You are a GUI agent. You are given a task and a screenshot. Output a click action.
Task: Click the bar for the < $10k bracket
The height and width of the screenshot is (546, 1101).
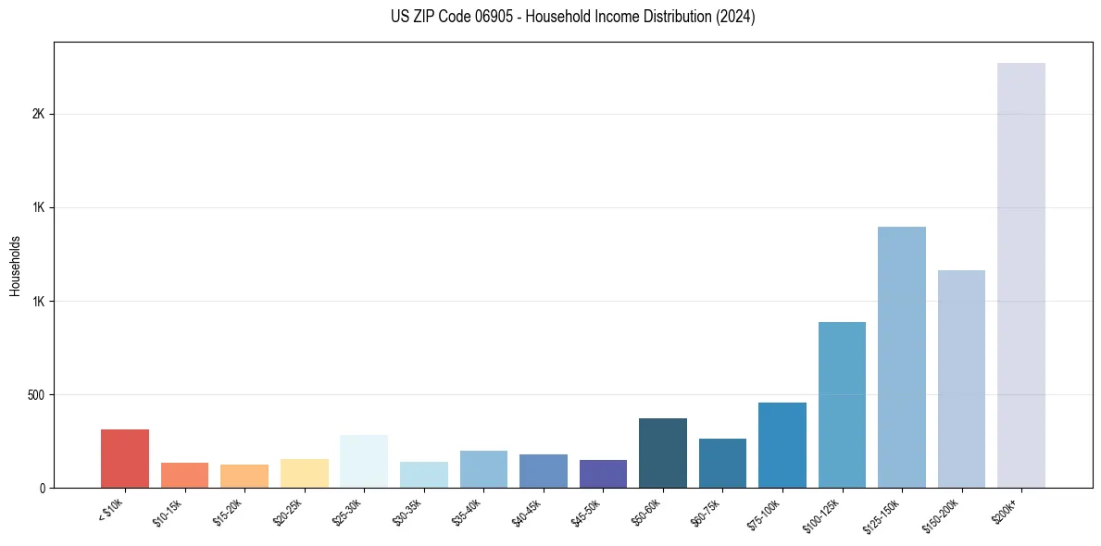click(125, 458)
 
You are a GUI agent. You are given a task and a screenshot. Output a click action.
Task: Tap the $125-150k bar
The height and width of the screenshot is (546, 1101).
click(902, 357)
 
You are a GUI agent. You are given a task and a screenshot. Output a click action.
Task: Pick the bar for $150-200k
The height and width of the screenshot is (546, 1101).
click(961, 378)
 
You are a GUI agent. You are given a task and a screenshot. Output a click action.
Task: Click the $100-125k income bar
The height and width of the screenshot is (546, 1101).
click(842, 404)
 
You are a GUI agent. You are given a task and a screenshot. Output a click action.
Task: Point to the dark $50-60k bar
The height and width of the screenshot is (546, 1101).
click(663, 453)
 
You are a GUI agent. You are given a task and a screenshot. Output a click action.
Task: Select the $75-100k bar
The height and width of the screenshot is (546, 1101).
click(782, 445)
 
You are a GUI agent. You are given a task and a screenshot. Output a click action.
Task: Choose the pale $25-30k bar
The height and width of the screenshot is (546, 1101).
click(364, 461)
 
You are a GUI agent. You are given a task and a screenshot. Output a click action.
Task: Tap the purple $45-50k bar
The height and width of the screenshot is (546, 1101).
click(603, 474)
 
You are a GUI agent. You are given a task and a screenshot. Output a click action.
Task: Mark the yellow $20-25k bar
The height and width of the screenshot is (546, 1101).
click(305, 473)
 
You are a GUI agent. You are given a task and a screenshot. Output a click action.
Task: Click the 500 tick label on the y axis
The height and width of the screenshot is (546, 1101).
click(36, 395)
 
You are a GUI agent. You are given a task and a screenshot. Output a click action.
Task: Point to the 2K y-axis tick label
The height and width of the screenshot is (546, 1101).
click(38, 114)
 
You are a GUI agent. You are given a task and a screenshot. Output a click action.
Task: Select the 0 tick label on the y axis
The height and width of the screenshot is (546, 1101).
click(42, 488)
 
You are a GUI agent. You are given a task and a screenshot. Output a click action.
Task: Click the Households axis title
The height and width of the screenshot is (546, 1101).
click(15, 266)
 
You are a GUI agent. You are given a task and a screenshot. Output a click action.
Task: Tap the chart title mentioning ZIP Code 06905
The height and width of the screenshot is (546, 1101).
click(573, 17)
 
